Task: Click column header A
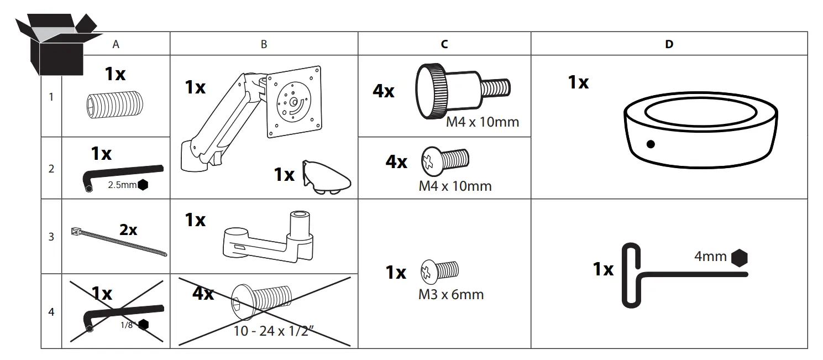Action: pyautogui.click(x=116, y=45)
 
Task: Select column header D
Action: pyautogui.click(x=669, y=44)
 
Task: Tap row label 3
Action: pyautogui.click(x=51, y=237)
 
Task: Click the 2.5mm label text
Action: pyautogui.click(x=122, y=185)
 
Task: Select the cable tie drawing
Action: pyautogui.click(x=119, y=242)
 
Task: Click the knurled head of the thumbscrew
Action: pyautogui.click(x=434, y=91)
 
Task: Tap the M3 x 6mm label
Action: pyautogui.click(x=450, y=294)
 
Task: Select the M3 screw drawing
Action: pyautogui.click(x=441, y=271)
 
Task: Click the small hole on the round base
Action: pyautogui.click(x=651, y=144)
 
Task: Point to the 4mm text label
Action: pyautogui.click(x=710, y=257)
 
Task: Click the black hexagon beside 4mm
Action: pyautogui.click(x=739, y=257)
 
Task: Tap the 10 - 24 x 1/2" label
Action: pyautogui.click(x=274, y=332)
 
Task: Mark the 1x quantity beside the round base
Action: pyautogui.click(x=578, y=82)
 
